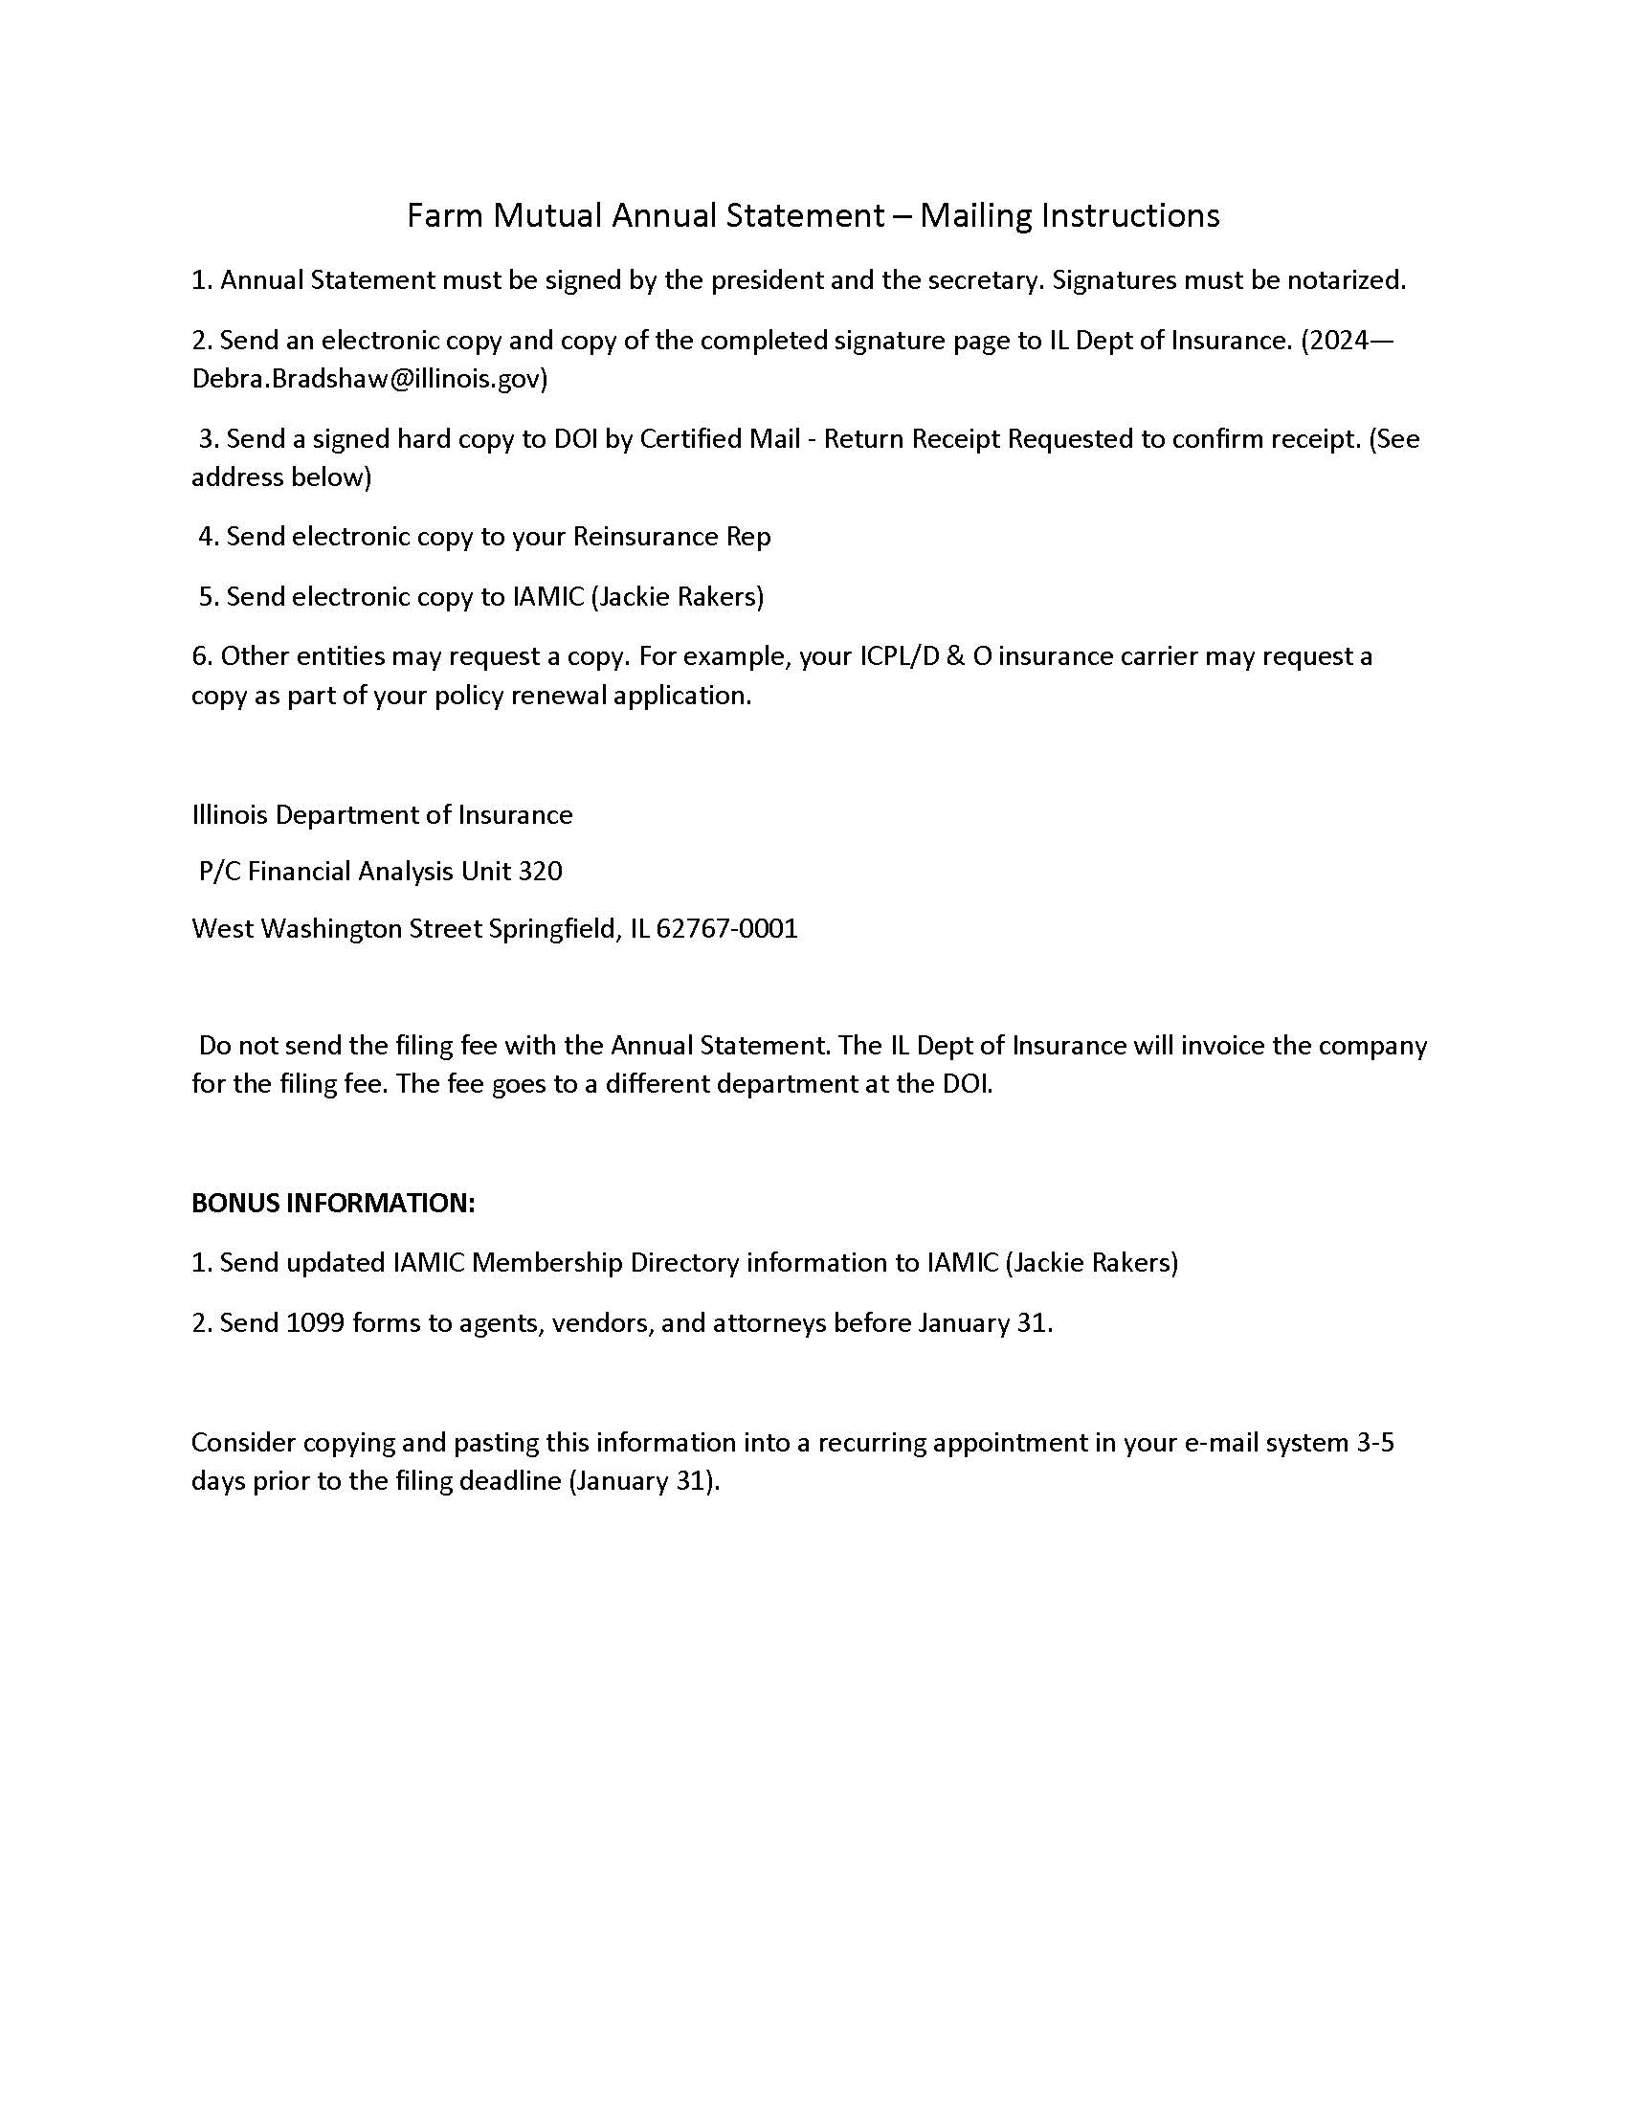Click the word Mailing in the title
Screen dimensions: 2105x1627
[975, 216]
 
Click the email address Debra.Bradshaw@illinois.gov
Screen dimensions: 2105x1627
[369, 379]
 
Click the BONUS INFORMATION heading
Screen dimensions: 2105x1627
[333, 1203]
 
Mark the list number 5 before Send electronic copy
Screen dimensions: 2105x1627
[206, 597]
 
